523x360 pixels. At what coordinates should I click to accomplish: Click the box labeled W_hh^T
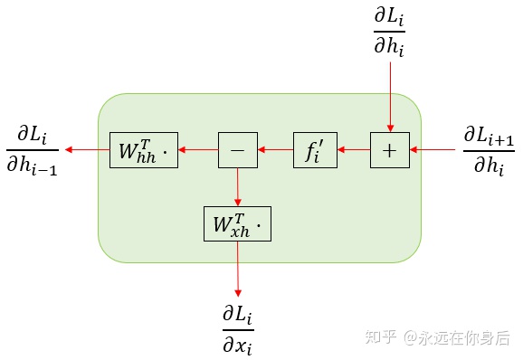[x=143, y=150]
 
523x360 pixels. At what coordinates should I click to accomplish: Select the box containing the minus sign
[x=238, y=150]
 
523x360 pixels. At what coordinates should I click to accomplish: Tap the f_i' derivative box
[x=314, y=150]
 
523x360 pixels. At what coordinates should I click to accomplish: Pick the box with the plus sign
[x=390, y=150]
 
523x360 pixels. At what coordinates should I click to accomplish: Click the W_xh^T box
[x=237, y=223]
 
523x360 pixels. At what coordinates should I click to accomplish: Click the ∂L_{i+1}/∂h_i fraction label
[x=488, y=149]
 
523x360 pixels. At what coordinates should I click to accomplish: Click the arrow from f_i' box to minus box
[x=276, y=150]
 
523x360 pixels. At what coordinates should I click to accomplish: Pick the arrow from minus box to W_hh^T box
[x=198, y=150]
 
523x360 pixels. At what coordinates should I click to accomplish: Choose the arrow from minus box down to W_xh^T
[x=238, y=186]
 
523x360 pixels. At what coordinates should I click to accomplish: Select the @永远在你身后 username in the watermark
[x=456, y=337]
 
